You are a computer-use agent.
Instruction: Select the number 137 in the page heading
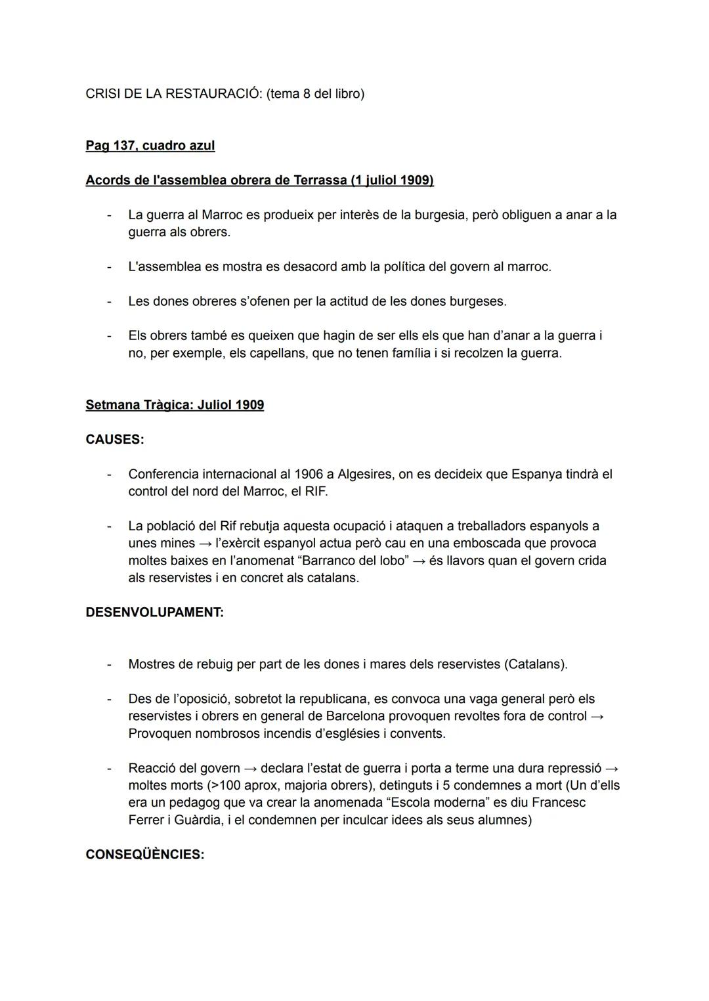pyautogui.click(x=124, y=146)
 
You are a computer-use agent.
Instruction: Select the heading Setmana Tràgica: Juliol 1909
pyautogui.click(x=175, y=405)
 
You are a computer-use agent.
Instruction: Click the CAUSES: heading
pyautogui.click(x=114, y=440)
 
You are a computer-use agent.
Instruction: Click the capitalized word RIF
pyautogui.click(x=316, y=492)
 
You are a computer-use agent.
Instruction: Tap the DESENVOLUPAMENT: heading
pyautogui.click(x=154, y=612)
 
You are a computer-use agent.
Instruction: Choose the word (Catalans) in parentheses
pyautogui.click(x=536, y=664)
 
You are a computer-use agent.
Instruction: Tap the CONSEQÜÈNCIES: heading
pyautogui.click(x=144, y=855)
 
